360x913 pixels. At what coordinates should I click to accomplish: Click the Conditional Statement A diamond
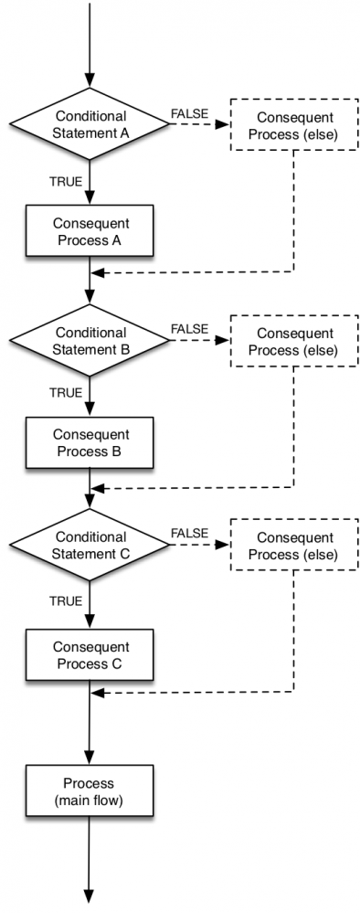coord(90,125)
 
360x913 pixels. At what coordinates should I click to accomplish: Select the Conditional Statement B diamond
coord(90,339)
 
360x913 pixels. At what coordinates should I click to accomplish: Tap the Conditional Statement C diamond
coord(90,546)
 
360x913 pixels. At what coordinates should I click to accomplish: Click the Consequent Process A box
coord(90,232)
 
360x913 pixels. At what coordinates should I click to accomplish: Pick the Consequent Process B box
coord(90,442)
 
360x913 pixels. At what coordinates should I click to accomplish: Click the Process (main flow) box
coord(90,791)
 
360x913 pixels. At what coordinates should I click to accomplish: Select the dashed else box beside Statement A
coord(294,126)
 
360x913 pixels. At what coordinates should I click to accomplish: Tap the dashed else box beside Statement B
coord(294,340)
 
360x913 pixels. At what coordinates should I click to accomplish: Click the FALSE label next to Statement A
coord(189,114)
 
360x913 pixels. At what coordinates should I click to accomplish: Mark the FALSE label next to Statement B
coord(189,327)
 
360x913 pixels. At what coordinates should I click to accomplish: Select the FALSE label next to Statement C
coord(189,534)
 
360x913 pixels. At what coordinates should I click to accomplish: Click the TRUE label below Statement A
coord(66,181)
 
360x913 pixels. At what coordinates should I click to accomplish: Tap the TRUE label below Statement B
coord(66,392)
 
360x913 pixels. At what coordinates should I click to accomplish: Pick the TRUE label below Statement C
coord(66,600)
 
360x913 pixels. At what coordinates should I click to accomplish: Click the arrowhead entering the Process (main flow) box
coord(90,760)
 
